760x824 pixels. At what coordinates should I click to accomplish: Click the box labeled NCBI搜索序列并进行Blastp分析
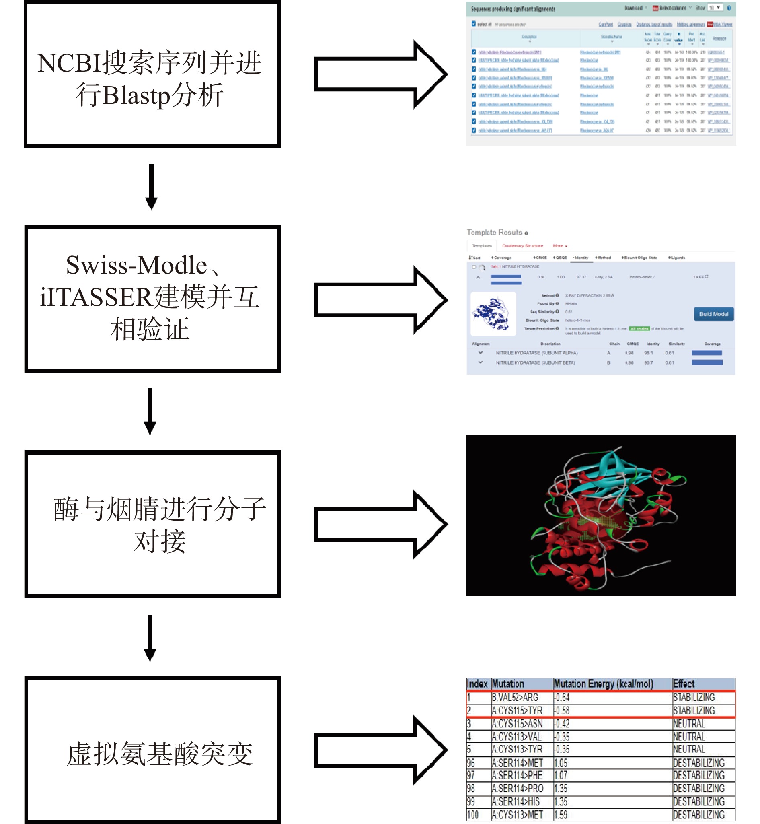152,74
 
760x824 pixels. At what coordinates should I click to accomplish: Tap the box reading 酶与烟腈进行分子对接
152,524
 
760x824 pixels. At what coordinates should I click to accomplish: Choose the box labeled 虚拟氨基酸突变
152,750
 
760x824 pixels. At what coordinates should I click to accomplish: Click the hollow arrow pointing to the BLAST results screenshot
380,74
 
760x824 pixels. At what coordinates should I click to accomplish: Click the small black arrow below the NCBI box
151,186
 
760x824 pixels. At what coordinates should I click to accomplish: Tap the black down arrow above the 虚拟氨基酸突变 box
150,637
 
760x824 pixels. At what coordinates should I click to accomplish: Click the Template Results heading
494,233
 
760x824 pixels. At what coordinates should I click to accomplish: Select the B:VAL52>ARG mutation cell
515,698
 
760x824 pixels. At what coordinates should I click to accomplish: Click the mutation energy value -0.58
562,711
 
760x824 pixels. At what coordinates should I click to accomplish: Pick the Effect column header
684,684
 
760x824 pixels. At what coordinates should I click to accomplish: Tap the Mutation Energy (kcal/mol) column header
603,684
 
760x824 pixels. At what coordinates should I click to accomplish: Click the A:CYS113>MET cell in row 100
517,814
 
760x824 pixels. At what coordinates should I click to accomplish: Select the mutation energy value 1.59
561,814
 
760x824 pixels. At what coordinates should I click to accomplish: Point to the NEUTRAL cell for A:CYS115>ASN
689,724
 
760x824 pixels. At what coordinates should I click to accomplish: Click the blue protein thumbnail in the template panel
493,314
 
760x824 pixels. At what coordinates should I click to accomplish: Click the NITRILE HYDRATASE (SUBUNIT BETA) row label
535,363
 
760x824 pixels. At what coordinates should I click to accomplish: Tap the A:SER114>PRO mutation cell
518,789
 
